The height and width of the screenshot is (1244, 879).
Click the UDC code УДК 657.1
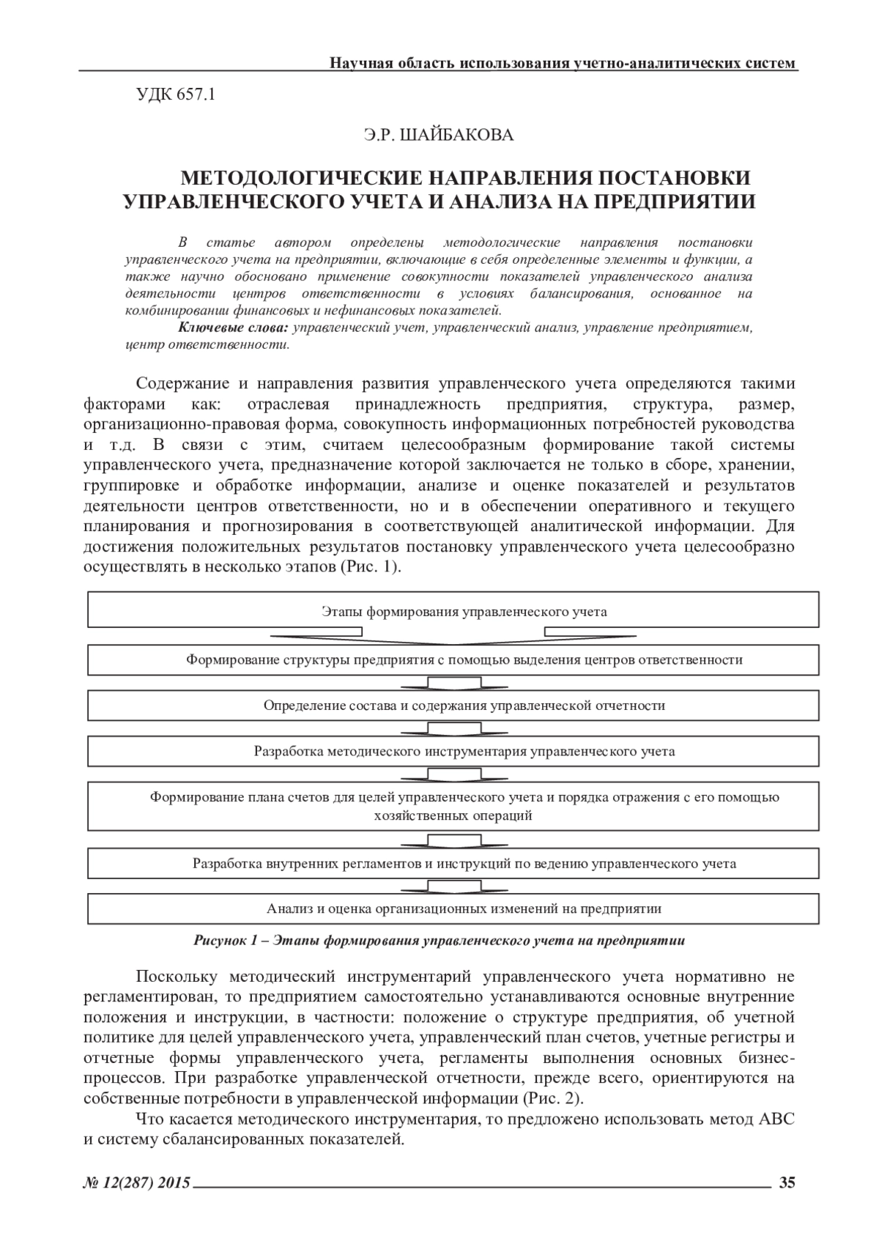point(175,95)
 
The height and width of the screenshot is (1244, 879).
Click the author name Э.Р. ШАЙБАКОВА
point(439,135)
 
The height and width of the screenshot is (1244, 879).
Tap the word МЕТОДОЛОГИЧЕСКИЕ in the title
point(301,179)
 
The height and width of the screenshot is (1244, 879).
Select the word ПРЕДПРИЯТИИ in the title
point(673,201)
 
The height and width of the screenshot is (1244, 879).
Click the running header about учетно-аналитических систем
point(563,63)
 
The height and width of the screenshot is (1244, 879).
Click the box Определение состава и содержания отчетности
point(453,706)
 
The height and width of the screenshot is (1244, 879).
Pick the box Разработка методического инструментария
point(453,751)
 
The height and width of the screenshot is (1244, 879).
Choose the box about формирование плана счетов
point(453,806)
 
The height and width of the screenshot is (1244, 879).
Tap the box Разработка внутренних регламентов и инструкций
point(453,863)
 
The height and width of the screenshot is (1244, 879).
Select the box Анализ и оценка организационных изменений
point(453,908)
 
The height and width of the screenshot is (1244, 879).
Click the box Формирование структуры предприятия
point(453,659)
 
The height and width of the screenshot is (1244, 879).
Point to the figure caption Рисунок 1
point(439,941)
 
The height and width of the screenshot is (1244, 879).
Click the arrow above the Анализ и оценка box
point(453,886)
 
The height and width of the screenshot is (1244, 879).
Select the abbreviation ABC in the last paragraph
point(776,1119)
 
